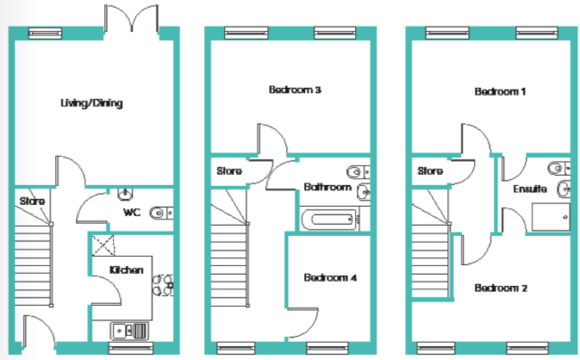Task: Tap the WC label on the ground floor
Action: point(132,211)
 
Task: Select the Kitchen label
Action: point(126,270)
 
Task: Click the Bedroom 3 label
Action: point(295,90)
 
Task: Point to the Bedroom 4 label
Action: point(329,278)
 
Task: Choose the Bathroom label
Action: point(327,187)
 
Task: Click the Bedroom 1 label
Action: point(500,90)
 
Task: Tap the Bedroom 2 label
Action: point(501,288)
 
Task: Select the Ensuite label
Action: point(527,189)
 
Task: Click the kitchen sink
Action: point(129,329)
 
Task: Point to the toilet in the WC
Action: point(160,212)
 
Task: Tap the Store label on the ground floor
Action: point(31,202)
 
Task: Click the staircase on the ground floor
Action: point(33,263)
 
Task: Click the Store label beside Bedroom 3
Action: point(229,171)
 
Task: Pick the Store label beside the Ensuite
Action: point(430,171)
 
